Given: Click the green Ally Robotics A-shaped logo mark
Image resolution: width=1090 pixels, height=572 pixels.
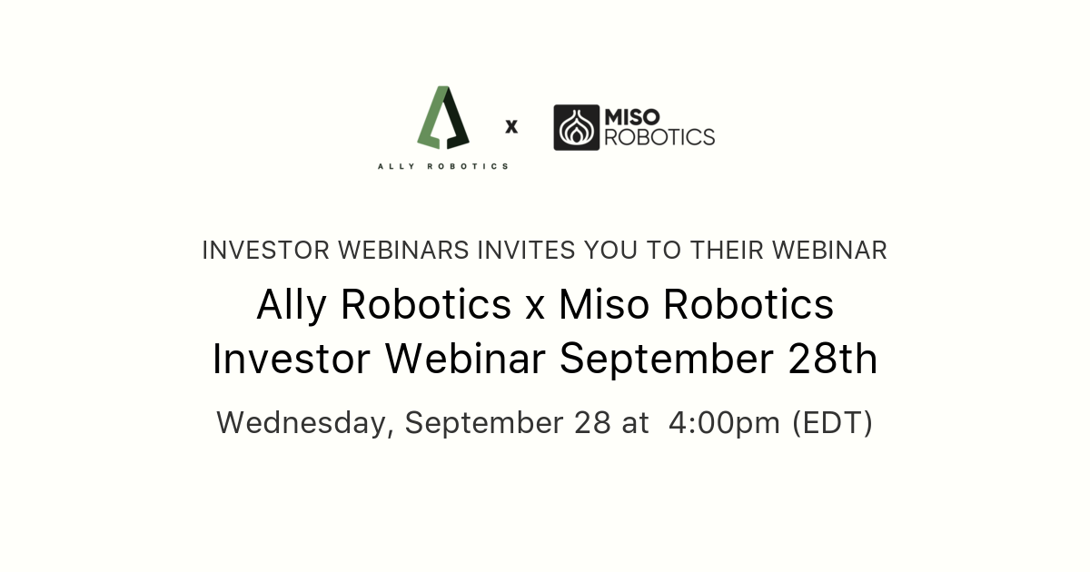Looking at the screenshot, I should pos(443,118).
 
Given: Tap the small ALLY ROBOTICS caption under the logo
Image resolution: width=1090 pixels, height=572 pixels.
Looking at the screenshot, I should pos(443,166).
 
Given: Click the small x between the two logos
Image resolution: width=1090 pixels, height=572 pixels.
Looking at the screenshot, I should pos(511,127).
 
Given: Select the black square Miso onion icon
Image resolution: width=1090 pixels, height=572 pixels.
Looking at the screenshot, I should pos(576,127).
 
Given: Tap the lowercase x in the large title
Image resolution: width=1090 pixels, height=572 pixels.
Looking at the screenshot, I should pos(535,307).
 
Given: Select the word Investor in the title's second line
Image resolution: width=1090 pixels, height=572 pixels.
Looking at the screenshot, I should pos(292,360).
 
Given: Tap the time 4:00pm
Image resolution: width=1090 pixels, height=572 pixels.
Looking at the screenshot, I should pos(724,423).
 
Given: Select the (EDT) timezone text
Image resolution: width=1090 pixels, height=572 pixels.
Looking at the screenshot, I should pos(832,423).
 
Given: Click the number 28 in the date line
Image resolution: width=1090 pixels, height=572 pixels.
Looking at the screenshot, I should pos(593,423).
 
